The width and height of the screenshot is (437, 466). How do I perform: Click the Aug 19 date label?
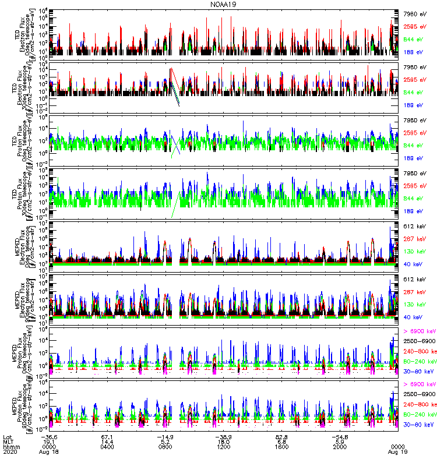click(x=399, y=451)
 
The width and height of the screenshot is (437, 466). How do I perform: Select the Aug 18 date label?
click(x=49, y=451)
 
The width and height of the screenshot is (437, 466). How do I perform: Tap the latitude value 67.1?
click(x=107, y=435)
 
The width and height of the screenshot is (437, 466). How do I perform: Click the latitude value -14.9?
click(x=165, y=435)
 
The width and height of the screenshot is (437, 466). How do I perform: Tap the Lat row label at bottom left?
click(x=7, y=435)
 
